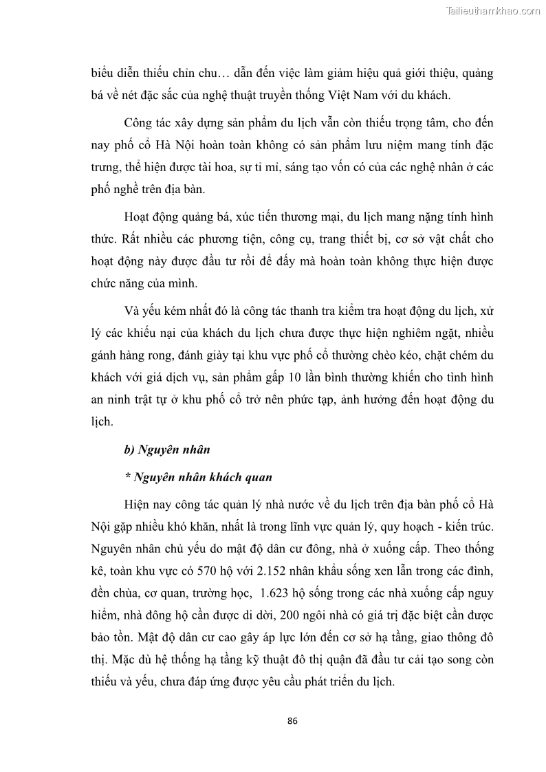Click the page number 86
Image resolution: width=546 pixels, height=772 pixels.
(292, 721)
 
